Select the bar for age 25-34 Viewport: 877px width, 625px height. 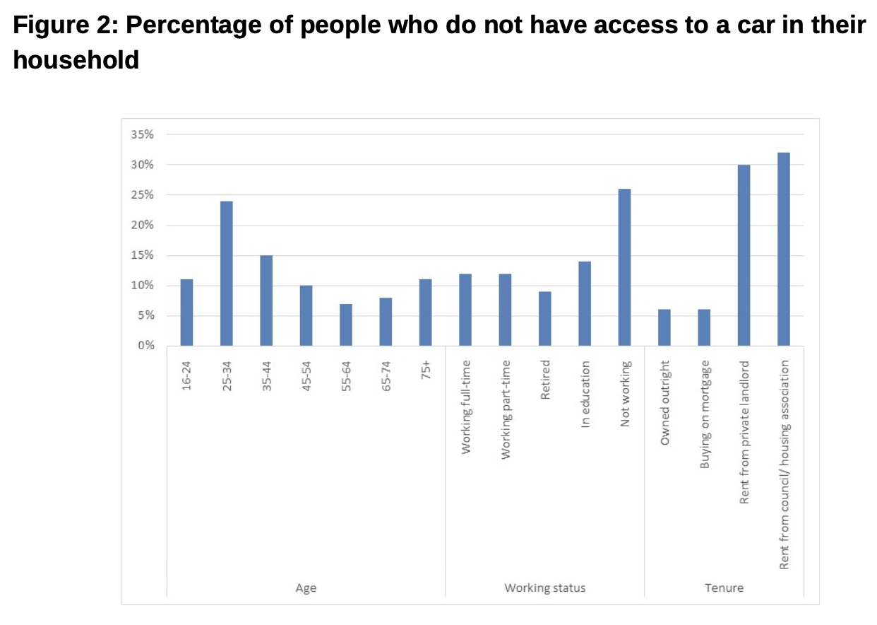coord(226,274)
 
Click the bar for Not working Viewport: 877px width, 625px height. coord(624,267)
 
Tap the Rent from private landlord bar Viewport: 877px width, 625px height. coord(744,255)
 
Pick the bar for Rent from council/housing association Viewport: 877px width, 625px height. coord(783,249)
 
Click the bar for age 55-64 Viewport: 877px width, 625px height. coord(345,325)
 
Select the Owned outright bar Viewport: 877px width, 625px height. coord(664,327)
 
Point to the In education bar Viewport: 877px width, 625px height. coord(585,303)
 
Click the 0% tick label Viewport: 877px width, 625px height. coord(146,346)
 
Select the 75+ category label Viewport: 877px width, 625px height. coord(426,371)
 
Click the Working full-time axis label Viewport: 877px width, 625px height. coord(466,407)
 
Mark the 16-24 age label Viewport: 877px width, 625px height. coord(186,377)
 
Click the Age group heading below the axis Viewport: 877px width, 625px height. coord(305,588)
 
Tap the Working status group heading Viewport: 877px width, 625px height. coord(544,588)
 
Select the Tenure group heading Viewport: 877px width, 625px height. coord(724,588)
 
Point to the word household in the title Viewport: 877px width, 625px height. coord(76,61)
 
